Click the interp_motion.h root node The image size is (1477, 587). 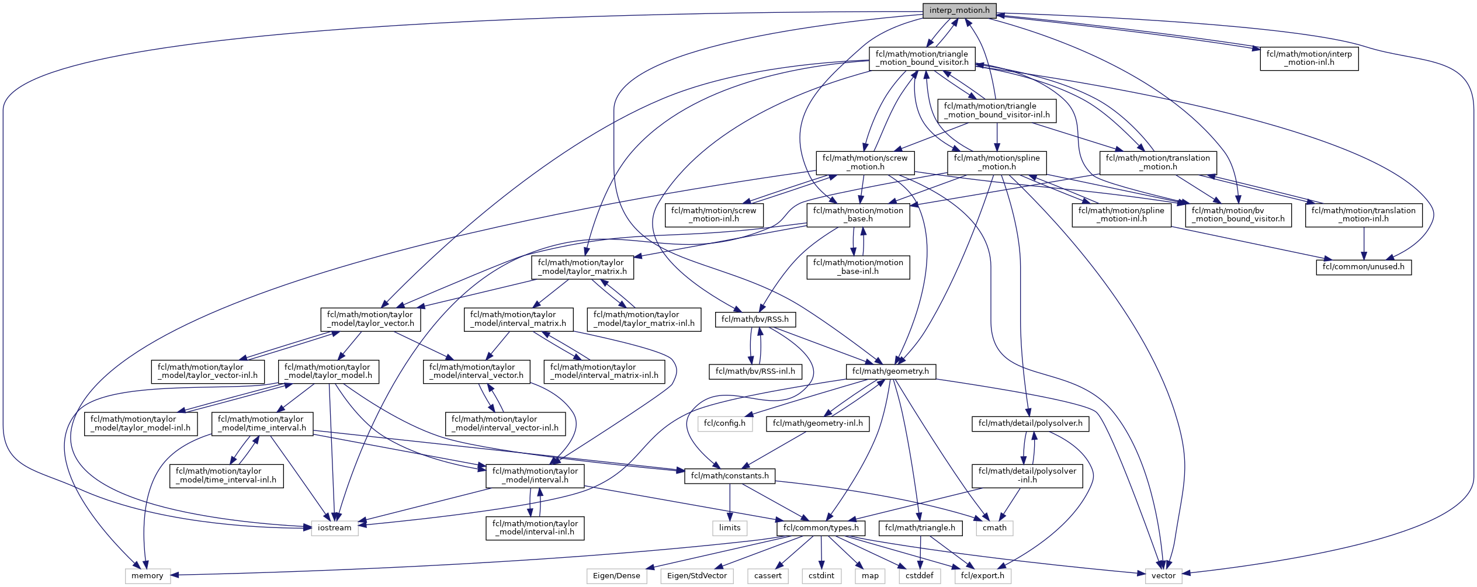pos(959,11)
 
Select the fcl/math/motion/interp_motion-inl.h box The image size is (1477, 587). pos(1309,58)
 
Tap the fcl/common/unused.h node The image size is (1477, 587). pos(1364,267)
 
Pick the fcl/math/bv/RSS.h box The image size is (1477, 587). pos(755,319)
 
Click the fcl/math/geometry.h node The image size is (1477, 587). pos(890,371)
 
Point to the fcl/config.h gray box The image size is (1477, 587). pos(724,423)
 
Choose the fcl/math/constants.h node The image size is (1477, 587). pos(730,476)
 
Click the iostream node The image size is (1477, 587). pos(335,528)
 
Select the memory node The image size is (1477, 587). pos(147,576)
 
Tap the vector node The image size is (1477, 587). pos(1163,576)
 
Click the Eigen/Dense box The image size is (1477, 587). pos(616,576)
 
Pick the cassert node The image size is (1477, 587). pos(768,576)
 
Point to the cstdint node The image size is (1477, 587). pos(821,576)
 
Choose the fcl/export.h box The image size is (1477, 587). pos(983,576)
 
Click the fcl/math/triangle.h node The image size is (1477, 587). pos(920,528)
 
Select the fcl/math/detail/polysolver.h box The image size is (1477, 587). pos(1031,423)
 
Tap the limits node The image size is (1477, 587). pos(730,528)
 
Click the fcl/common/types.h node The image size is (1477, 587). pos(821,528)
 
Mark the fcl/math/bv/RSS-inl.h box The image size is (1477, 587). pos(755,371)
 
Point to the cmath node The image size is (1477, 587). pos(994,528)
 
